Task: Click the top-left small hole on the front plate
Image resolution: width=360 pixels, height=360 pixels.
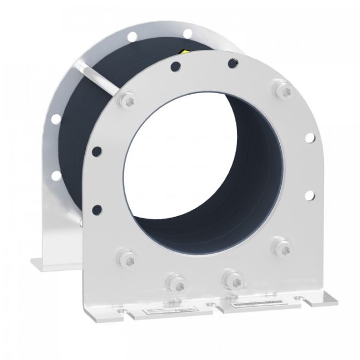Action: [x=175, y=67]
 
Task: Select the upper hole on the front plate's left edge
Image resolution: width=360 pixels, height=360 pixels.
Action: [x=97, y=150]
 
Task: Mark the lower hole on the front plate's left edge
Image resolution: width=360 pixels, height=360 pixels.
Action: [x=97, y=209]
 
